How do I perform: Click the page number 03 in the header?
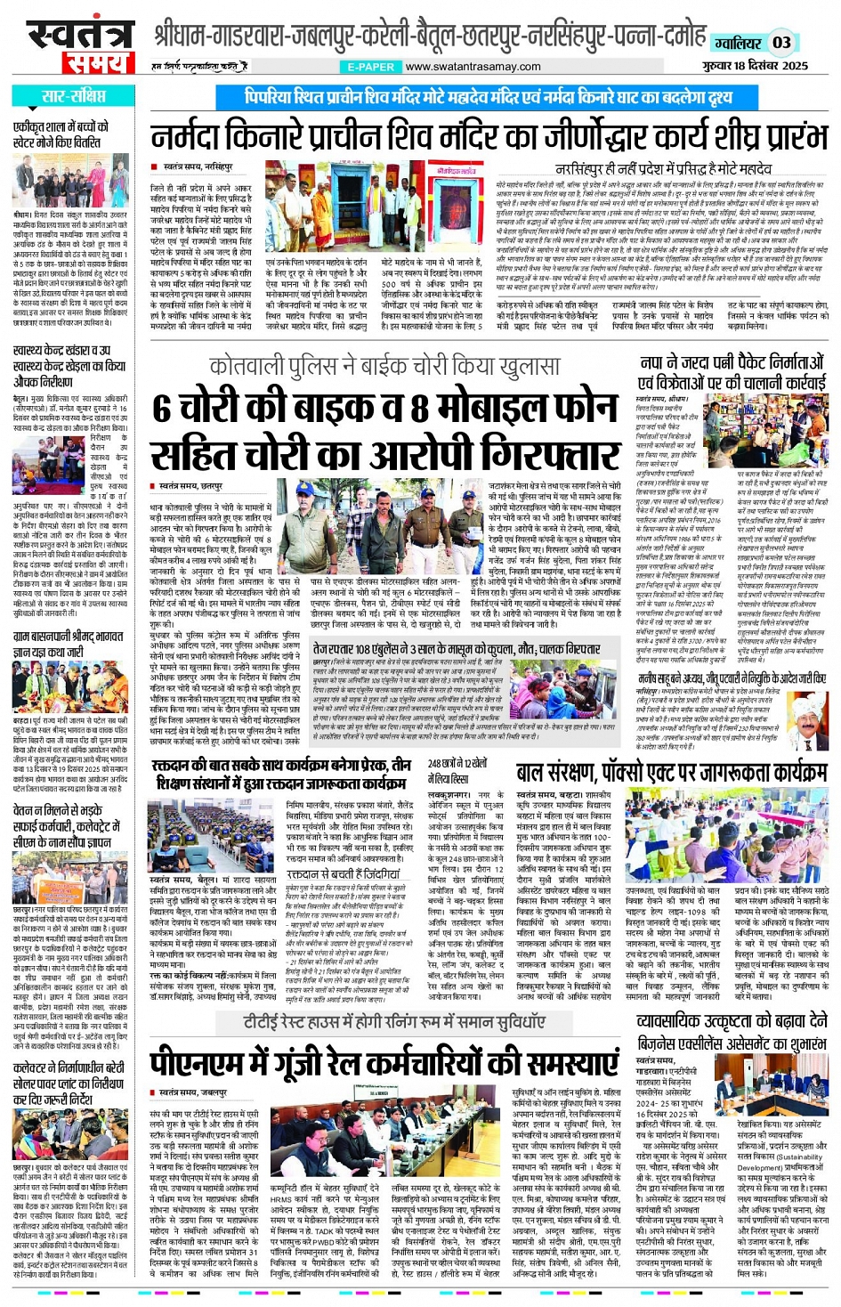(x=781, y=42)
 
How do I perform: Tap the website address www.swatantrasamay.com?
(x=473, y=67)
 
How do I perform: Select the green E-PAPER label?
(x=371, y=67)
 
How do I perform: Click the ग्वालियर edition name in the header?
(x=738, y=43)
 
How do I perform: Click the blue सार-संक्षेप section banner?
(x=73, y=96)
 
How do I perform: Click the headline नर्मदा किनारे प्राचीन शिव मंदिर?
(x=489, y=138)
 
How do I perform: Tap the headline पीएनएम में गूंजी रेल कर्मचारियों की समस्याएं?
(x=384, y=1064)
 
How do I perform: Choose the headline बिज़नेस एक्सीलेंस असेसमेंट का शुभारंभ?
(x=732, y=1043)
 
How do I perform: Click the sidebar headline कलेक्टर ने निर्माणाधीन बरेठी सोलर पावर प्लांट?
(x=69, y=1083)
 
